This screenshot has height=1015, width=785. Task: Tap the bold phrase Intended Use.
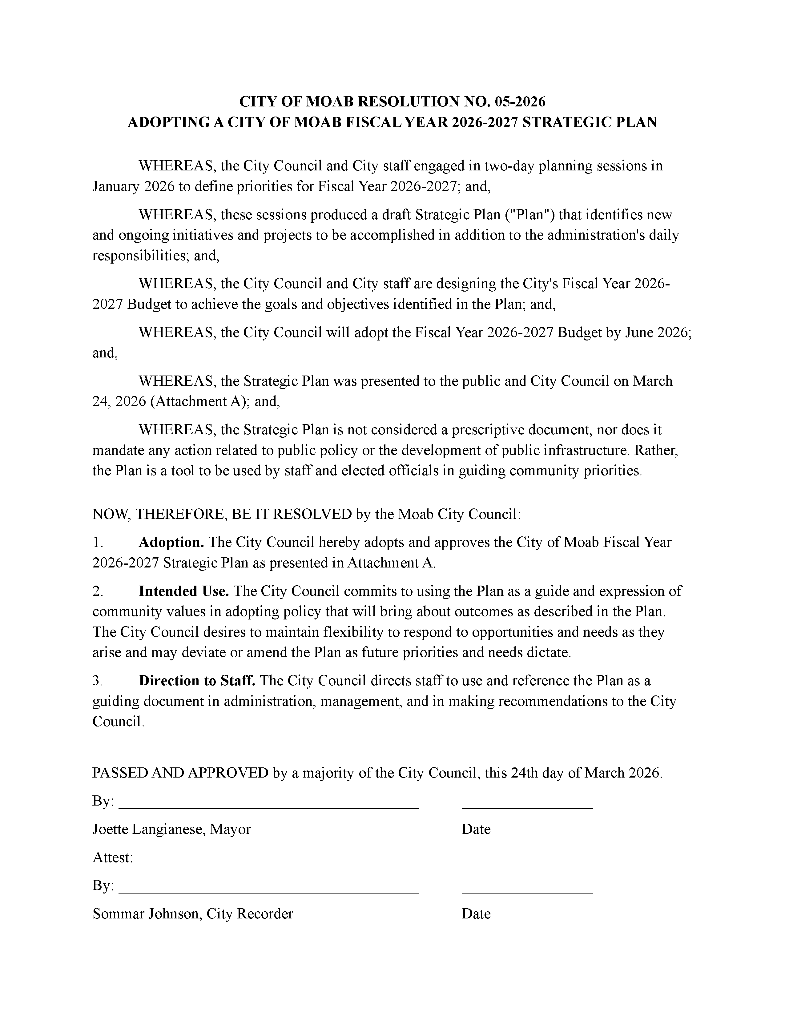click(184, 591)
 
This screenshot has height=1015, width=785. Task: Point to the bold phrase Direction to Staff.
click(197, 681)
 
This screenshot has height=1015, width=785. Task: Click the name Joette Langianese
click(149, 829)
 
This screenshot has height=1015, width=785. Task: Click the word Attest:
click(113, 858)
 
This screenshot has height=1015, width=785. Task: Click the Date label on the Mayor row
click(476, 829)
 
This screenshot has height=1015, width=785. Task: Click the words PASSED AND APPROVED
click(180, 773)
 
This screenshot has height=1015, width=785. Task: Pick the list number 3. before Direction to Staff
click(97, 681)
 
